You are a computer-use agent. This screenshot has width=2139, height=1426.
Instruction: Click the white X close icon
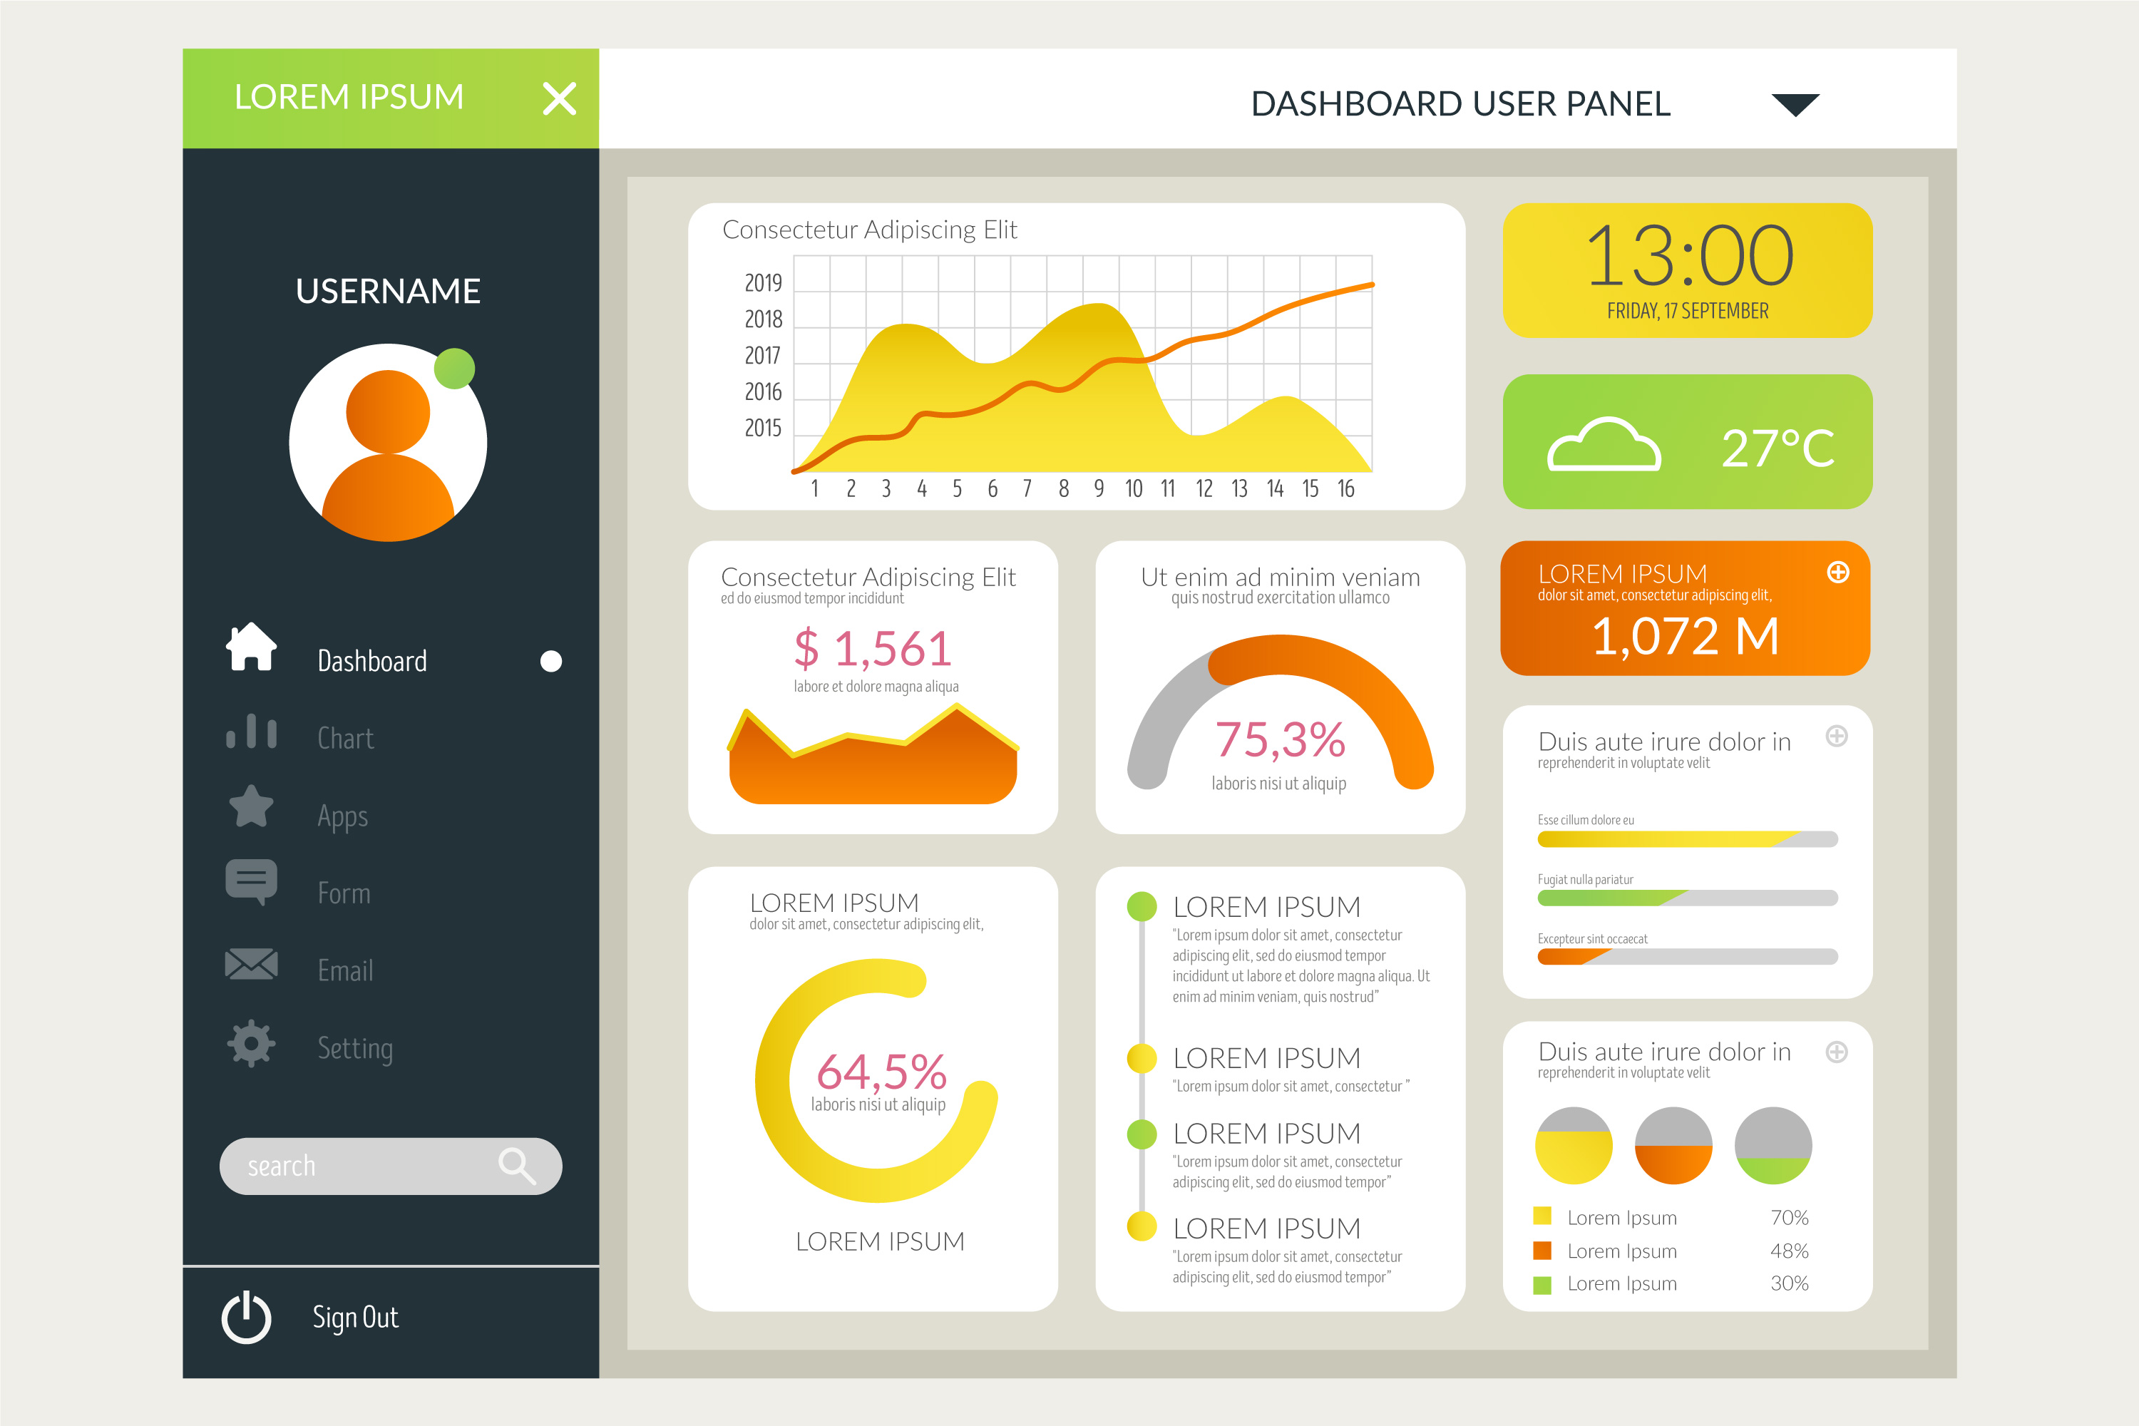click(559, 98)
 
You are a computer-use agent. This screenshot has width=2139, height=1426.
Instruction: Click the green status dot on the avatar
click(455, 369)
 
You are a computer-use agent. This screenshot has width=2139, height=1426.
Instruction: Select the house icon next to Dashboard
click(251, 647)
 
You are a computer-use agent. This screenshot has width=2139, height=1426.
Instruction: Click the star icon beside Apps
click(251, 806)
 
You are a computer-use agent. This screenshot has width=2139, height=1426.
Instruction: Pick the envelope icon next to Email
click(251, 964)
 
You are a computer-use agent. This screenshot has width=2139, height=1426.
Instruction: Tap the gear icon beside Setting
click(251, 1043)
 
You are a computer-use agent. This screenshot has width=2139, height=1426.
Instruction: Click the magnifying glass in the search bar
click(516, 1165)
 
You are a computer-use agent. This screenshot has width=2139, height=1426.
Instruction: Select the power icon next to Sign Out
click(247, 1317)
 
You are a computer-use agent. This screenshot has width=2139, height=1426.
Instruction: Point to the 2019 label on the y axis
click(763, 284)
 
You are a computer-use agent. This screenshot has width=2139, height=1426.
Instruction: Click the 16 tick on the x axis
click(1346, 489)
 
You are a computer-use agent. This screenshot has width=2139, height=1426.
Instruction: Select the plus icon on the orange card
click(1838, 572)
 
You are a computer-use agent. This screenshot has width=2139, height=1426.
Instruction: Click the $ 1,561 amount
click(873, 650)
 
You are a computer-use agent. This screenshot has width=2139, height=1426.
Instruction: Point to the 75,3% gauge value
click(1280, 739)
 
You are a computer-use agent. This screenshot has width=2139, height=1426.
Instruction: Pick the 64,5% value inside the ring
click(881, 1072)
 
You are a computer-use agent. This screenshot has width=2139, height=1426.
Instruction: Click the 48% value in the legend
click(1789, 1251)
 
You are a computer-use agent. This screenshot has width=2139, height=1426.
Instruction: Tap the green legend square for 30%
click(1542, 1285)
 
